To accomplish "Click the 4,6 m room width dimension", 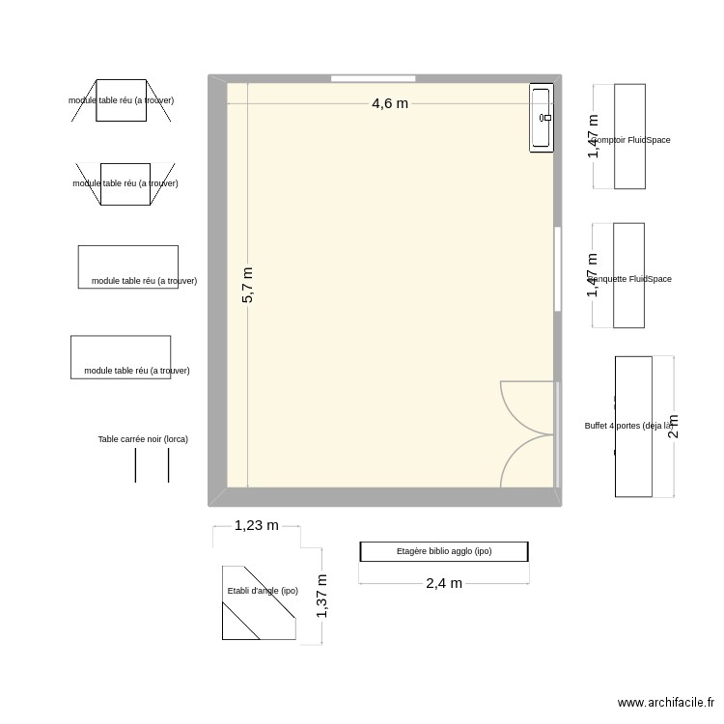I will [x=390, y=103].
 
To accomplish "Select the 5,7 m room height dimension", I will [x=248, y=285].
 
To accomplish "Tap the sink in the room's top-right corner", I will [x=542, y=117].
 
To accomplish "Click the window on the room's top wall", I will [x=373, y=78].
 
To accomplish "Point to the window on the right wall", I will [x=558, y=268].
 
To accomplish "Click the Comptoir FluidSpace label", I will [x=631, y=140].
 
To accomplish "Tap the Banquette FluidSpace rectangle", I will [x=628, y=275].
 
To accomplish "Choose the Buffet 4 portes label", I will [x=628, y=426].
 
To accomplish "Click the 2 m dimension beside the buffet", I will [x=674, y=426].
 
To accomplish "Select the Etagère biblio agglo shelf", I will [x=444, y=551].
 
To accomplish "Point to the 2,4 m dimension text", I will [x=444, y=583].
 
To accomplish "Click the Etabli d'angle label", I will [x=263, y=591].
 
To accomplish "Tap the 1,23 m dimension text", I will [x=256, y=525].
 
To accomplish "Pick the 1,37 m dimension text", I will [x=322, y=596].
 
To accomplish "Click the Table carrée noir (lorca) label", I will [x=143, y=439].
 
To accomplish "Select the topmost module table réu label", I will [x=122, y=100].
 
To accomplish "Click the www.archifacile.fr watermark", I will [x=666, y=704].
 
